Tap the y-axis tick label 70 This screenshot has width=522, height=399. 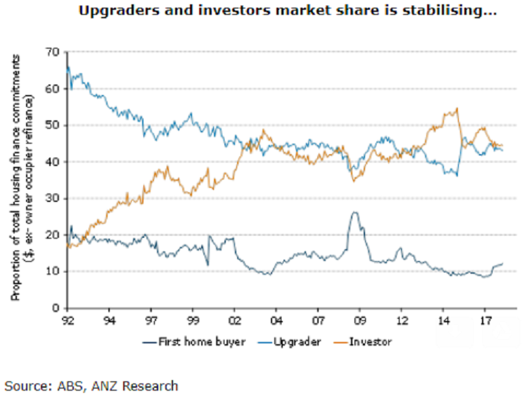[52, 52]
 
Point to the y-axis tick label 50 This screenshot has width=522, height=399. [52, 125]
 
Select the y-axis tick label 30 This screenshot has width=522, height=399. [52, 198]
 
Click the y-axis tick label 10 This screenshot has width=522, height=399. [52, 272]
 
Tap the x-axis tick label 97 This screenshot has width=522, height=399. [150, 319]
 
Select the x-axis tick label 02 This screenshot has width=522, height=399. [234, 319]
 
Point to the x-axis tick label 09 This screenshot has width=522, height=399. [358, 319]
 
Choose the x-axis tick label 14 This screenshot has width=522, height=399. [442, 319]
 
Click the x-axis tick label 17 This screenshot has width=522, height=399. [484, 319]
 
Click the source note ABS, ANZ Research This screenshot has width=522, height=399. [91, 386]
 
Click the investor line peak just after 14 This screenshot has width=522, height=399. [457, 108]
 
